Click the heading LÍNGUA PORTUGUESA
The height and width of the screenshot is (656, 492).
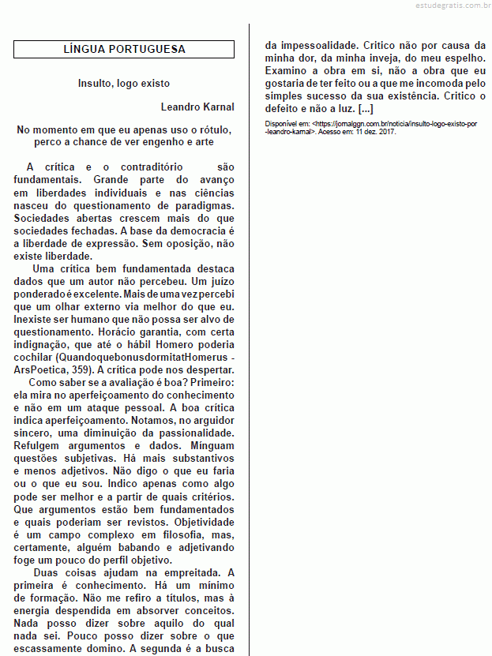point(124,49)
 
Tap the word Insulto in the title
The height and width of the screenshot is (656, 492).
point(96,83)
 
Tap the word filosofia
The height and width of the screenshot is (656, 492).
point(160,535)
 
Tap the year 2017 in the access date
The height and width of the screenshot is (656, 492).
point(387,132)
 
